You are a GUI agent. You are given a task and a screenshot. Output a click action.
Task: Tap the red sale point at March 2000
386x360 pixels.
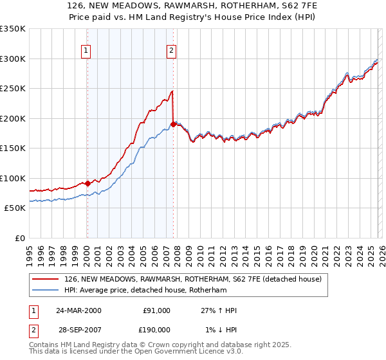click(x=87, y=184)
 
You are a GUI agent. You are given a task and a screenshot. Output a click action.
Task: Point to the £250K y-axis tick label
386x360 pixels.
click(x=13, y=89)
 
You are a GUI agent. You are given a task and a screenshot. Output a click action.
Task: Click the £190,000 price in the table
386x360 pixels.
click(x=156, y=330)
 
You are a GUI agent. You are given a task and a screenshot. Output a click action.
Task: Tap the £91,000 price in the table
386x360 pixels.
click(x=156, y=310)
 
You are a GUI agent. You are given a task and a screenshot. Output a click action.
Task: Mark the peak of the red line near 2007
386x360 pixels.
click(x=172, y=91)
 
